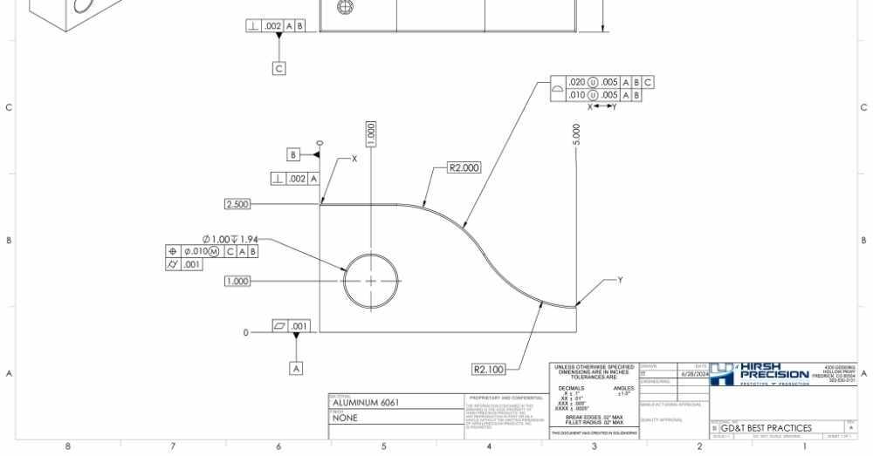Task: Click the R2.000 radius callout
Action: click(x=464, y=168)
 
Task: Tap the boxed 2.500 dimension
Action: click(x=237, y=204)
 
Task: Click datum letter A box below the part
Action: click(x=296, y=369)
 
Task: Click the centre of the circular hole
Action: click(x=371, y=281)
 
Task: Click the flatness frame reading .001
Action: click(x=291, y=326)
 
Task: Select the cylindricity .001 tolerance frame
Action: click(x=184, y=264)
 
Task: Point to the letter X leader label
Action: click(x=354, y=160)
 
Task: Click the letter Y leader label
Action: click(x=620, y=280)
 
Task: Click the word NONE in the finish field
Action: click(x=345, y=419)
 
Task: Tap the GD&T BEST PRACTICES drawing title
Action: click(x=766, y=428)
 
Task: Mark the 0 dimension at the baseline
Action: click(x=247, y=332)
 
